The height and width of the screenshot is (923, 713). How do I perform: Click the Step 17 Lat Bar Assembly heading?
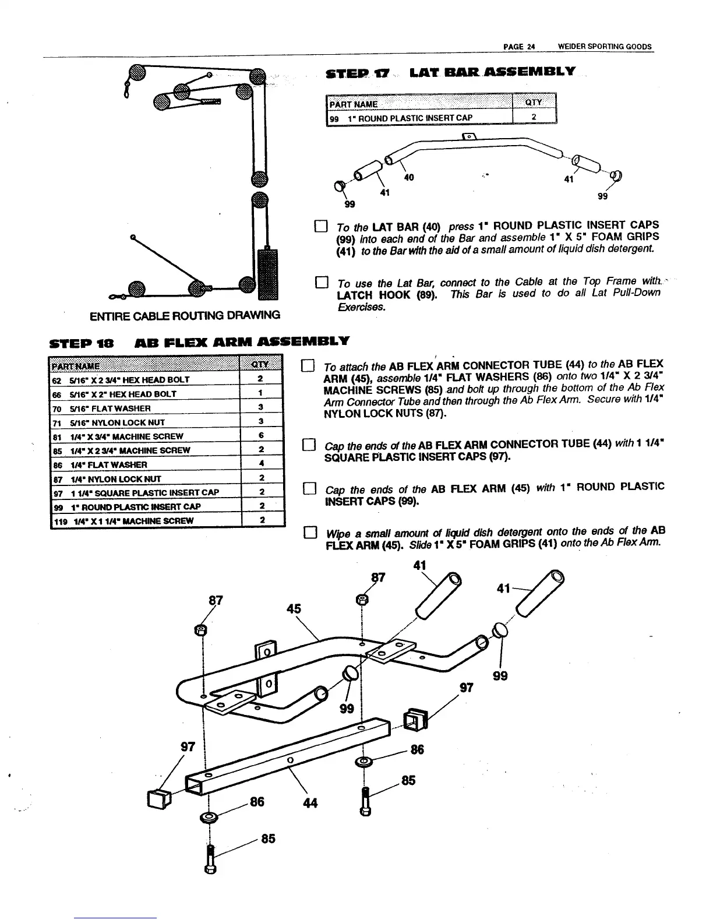(x=450, y=72)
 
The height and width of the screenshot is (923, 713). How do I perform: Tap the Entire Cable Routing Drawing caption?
(x=185, y=315)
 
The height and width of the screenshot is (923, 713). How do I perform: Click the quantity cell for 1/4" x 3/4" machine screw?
(x=262, y=436)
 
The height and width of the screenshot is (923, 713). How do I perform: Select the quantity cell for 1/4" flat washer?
(x=262, y=464)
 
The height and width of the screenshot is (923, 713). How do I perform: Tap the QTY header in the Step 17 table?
(x=534, y=103)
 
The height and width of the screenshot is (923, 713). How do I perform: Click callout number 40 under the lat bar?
(x=408, y=177)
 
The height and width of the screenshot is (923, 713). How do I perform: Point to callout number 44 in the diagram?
(x=310, y=803)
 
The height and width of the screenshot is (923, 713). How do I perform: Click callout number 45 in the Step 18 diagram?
(x=294, y=609)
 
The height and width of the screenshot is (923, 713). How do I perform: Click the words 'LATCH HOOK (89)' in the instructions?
(x=381, y=295)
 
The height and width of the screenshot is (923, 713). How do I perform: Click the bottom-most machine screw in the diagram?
(x=210, y=864)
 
